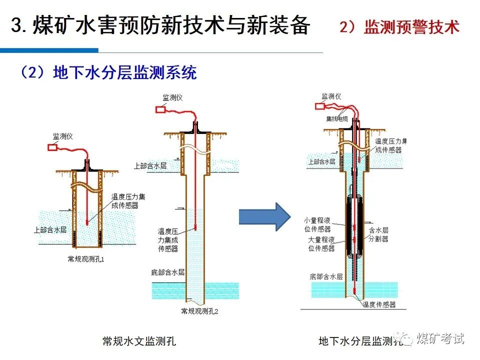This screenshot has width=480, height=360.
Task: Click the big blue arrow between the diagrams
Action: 263,216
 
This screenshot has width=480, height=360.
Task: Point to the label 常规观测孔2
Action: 200,311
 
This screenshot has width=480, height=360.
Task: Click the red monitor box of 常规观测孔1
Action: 52,147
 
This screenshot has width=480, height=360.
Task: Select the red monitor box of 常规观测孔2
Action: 161,109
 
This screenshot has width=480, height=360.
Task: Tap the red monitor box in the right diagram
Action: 320,105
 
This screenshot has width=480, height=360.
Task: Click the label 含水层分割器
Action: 378,234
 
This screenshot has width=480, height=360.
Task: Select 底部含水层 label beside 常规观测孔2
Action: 167,272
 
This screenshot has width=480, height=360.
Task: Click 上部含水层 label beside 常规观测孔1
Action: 50,230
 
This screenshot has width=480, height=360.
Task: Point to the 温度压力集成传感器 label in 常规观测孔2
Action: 168,239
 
